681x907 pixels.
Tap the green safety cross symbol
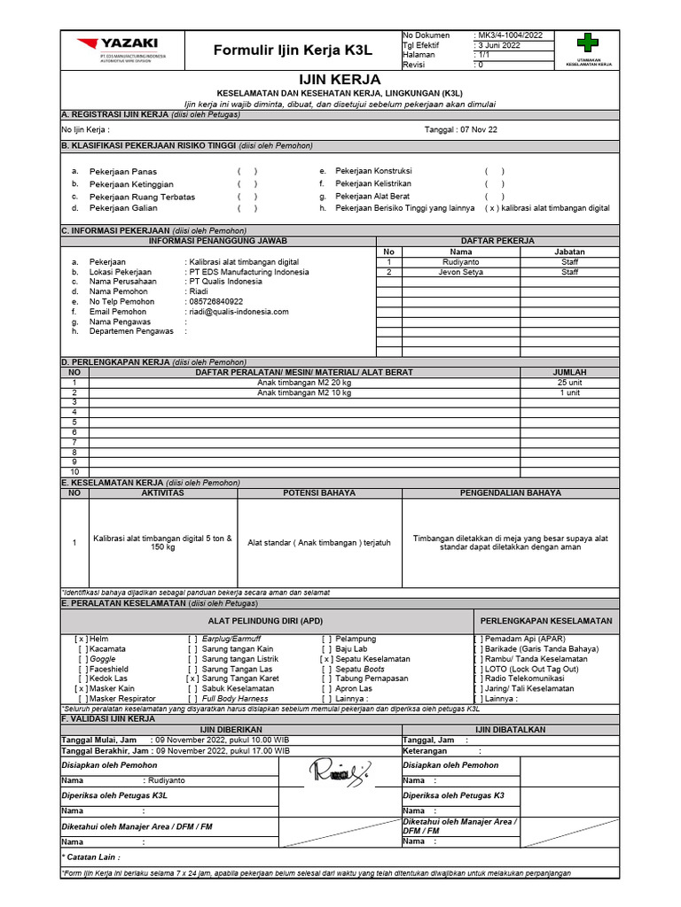coord(587,43)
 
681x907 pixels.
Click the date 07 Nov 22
coord(478,129)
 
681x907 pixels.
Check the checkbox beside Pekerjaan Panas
coord(247,171)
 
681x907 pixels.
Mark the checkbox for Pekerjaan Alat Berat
coord(494,196)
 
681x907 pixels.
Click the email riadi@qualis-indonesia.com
coord(238,312)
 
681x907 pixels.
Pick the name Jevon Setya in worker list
coord(462,273)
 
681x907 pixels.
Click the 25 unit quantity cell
coord(568,382)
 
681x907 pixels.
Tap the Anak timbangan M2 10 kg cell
coord(304,392)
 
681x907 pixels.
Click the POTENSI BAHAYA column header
coord(319,492)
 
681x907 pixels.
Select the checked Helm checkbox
coord(81,639)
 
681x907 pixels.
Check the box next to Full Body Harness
coord(192,699)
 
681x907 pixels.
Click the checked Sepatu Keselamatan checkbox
coord(327,659)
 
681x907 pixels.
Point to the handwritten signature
coord(338,772)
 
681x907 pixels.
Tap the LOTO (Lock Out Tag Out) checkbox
coord(479,669)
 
